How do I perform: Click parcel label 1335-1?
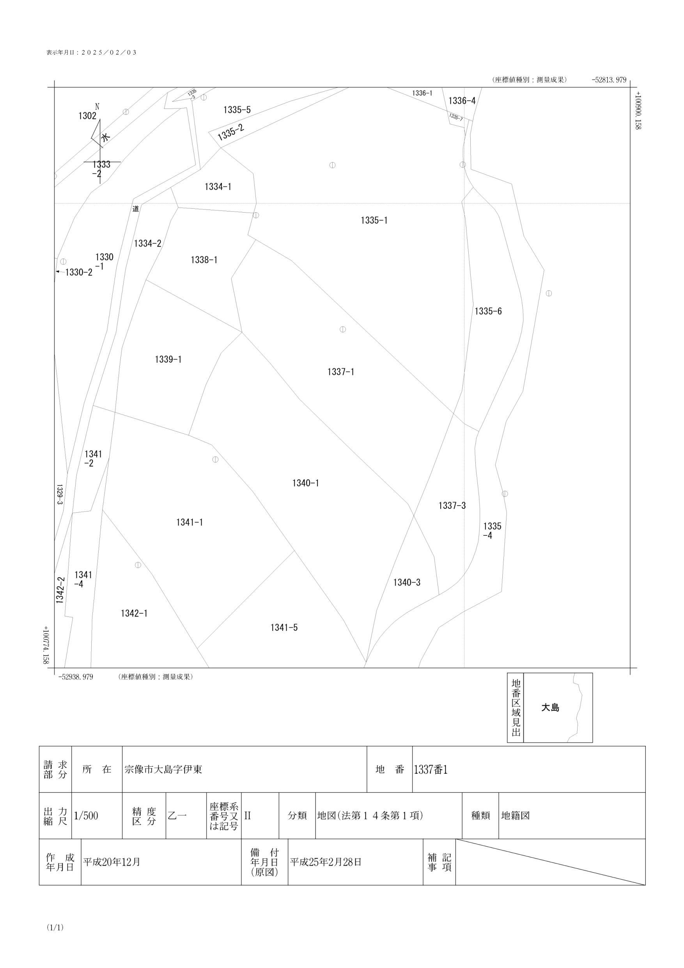tap(374, 220)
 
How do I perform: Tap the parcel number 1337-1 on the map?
tap(340, 372)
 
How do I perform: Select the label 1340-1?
tap(306, 483)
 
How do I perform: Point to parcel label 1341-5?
tap(284, 628)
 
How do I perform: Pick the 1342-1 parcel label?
tap(134, 613)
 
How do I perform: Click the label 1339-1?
tap(168, 360)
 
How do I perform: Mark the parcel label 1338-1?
tap(204, 260)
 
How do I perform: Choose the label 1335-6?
tap(488, 312)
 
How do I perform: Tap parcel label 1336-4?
tap(461, 101)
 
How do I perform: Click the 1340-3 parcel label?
tap(407, 583)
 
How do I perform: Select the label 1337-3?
tap(452, 506)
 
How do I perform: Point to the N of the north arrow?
tap(97, 106)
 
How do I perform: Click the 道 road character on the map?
tap(136, 209)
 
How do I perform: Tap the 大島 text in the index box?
tap(550, 708)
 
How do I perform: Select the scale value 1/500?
tap(86, 816)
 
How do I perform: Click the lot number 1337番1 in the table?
tap(430, 769)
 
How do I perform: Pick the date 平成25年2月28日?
tap(325, 862)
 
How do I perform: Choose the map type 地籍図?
tap(515, 816)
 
